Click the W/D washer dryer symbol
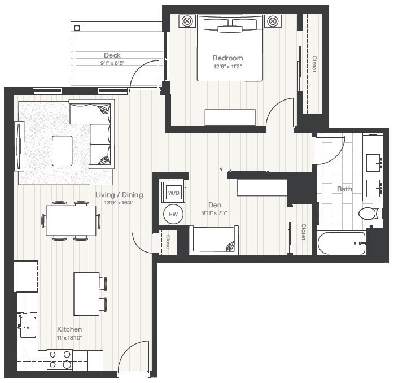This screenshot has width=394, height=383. [x=174, y=193]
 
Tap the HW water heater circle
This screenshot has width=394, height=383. [x=174, y=215]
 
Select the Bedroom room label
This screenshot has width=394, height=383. [x=228, y=58]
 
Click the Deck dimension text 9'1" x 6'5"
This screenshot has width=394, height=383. [x=112, y=63]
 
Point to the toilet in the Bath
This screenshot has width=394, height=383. [x=367, y=214]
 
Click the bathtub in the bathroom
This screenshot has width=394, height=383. [x=341, y=243]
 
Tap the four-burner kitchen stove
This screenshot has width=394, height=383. [x=60, y=359]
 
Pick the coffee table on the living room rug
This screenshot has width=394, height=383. [x=62, y=151]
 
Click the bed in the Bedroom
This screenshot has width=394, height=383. [x=230, y=49]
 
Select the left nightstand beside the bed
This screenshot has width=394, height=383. [x=187, y=21]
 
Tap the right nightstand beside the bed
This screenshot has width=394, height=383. [x=273, y=21]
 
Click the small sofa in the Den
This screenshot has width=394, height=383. [x=213, y=241]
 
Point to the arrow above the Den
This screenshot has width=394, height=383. [x=229, y=169]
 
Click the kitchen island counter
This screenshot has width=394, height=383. [x=86, y=294]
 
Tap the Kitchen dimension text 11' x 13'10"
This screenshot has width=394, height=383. [x=69, y=337]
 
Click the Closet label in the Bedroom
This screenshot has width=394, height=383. [x=313, y=64]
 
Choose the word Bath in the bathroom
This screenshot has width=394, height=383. [x=344, y=189]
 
